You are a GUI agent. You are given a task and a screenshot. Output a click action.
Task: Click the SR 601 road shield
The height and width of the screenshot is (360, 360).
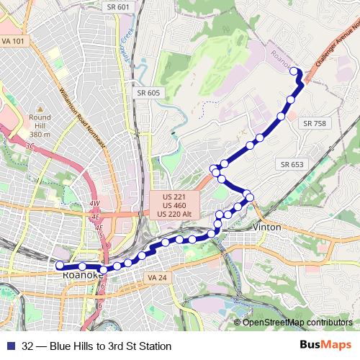[x=122, y=7]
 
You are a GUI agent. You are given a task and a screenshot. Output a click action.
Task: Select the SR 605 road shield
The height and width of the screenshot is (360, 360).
[x=148, y=93]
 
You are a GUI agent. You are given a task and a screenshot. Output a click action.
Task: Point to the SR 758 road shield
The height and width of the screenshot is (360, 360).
[x=315, y=124]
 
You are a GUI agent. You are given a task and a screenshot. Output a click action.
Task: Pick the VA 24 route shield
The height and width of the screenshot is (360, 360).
[x=156, y=278]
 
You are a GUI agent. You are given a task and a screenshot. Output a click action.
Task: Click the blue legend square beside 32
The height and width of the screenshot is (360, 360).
[x=9, y=346]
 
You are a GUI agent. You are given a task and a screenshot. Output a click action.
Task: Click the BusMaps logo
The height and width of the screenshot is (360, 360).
[x=330, y=346]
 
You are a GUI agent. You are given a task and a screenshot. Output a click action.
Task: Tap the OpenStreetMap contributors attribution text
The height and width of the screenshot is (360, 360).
[x=297, y=322]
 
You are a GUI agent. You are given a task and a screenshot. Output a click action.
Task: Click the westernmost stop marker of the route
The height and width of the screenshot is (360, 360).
[x=60, y=265]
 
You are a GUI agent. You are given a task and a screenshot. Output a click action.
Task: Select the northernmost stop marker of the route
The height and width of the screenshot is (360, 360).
[x=294, y=71]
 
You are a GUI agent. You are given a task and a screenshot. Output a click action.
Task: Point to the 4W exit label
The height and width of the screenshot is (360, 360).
[x=94, y=204]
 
